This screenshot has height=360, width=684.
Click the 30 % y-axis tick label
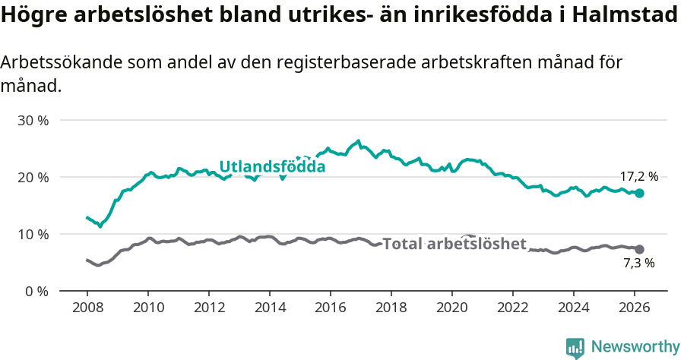tap(33, 120)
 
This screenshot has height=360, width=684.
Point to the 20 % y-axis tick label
tap(33, 177)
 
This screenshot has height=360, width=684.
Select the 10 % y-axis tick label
tap(33, 234)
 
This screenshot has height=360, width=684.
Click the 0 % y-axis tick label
tap(36, 291)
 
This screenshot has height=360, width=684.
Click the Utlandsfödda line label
tap(272, 167)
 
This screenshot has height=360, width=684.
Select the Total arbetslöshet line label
tap(454, 244)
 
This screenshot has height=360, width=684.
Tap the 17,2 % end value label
tap(638, 177)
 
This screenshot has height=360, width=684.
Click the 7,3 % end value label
tap(638, 264)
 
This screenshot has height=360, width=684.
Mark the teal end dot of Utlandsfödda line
tap(640, 193)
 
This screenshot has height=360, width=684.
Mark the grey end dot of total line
tap(640, 249)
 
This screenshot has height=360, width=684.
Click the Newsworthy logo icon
tap(575, 347)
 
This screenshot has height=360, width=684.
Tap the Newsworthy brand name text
tap(635, 347)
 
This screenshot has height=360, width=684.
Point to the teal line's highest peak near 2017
tap(358, 141)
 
